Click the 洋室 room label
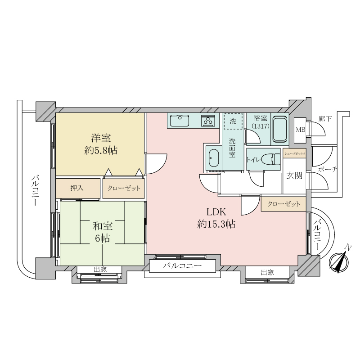(x=101, y=139)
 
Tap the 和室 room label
(x=103, y=226)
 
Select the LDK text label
(x=216, y=212)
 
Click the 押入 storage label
(x=77, y=188)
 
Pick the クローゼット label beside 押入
(x=123, y=189)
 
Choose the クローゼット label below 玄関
(x=283, y=204)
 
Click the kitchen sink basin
(x=180, y=121)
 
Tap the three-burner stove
(x=208, y=121)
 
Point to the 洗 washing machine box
(x=233, y=121)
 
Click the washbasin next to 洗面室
(x=214, y=159)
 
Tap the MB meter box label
(x=300, y=130)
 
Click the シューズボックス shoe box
(x=295, y=154)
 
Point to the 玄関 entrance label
(x=294, y=175)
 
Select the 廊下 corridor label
(x=325, y=119)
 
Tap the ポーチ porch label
(x=328, y=170)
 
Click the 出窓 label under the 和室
(x=100, y=270)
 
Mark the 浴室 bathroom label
(x=261, y=118)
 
